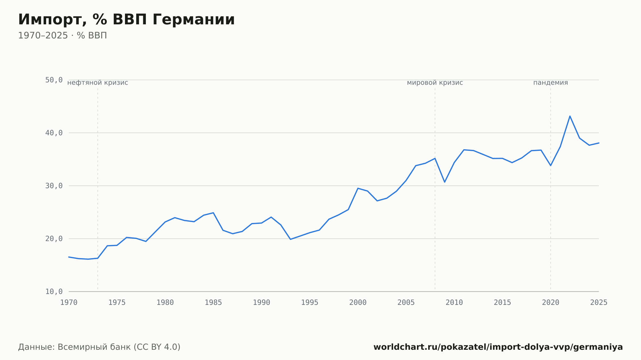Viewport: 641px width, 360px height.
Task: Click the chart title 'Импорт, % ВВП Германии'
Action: coord(126,20)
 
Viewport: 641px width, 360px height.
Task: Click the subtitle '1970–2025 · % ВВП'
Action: coord(62,36)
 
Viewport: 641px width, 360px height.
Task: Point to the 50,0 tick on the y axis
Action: coord(54,80)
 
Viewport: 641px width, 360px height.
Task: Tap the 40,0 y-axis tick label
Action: coord(54,133)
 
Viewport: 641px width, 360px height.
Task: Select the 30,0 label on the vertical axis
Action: coord(54,186)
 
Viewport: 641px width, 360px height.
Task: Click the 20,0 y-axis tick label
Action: coord(54,239)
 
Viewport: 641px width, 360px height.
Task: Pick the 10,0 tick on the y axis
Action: coord(54,291)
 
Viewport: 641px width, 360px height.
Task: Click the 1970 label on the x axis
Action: coord(69,303)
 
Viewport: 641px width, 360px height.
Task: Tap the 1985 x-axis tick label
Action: coord(213,303)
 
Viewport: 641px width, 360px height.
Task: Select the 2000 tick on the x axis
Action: coord(358,303)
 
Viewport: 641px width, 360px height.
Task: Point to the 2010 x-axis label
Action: coord(454,303)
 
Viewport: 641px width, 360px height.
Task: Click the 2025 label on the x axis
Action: coord(599,303)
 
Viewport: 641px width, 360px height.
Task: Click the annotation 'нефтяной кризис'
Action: coord(98,83)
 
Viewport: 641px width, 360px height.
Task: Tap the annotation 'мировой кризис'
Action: coord(435,83)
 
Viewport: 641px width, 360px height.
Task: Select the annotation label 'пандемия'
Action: coord(551,83)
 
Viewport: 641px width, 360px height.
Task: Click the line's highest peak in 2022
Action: coord(570,116)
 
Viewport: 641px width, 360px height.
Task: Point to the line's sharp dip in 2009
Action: coord(445,182)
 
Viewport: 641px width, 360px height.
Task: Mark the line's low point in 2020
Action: coord(551,165)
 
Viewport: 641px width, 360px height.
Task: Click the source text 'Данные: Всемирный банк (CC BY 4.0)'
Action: coord(99,347)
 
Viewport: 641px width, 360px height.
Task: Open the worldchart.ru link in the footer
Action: coord(498,347)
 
